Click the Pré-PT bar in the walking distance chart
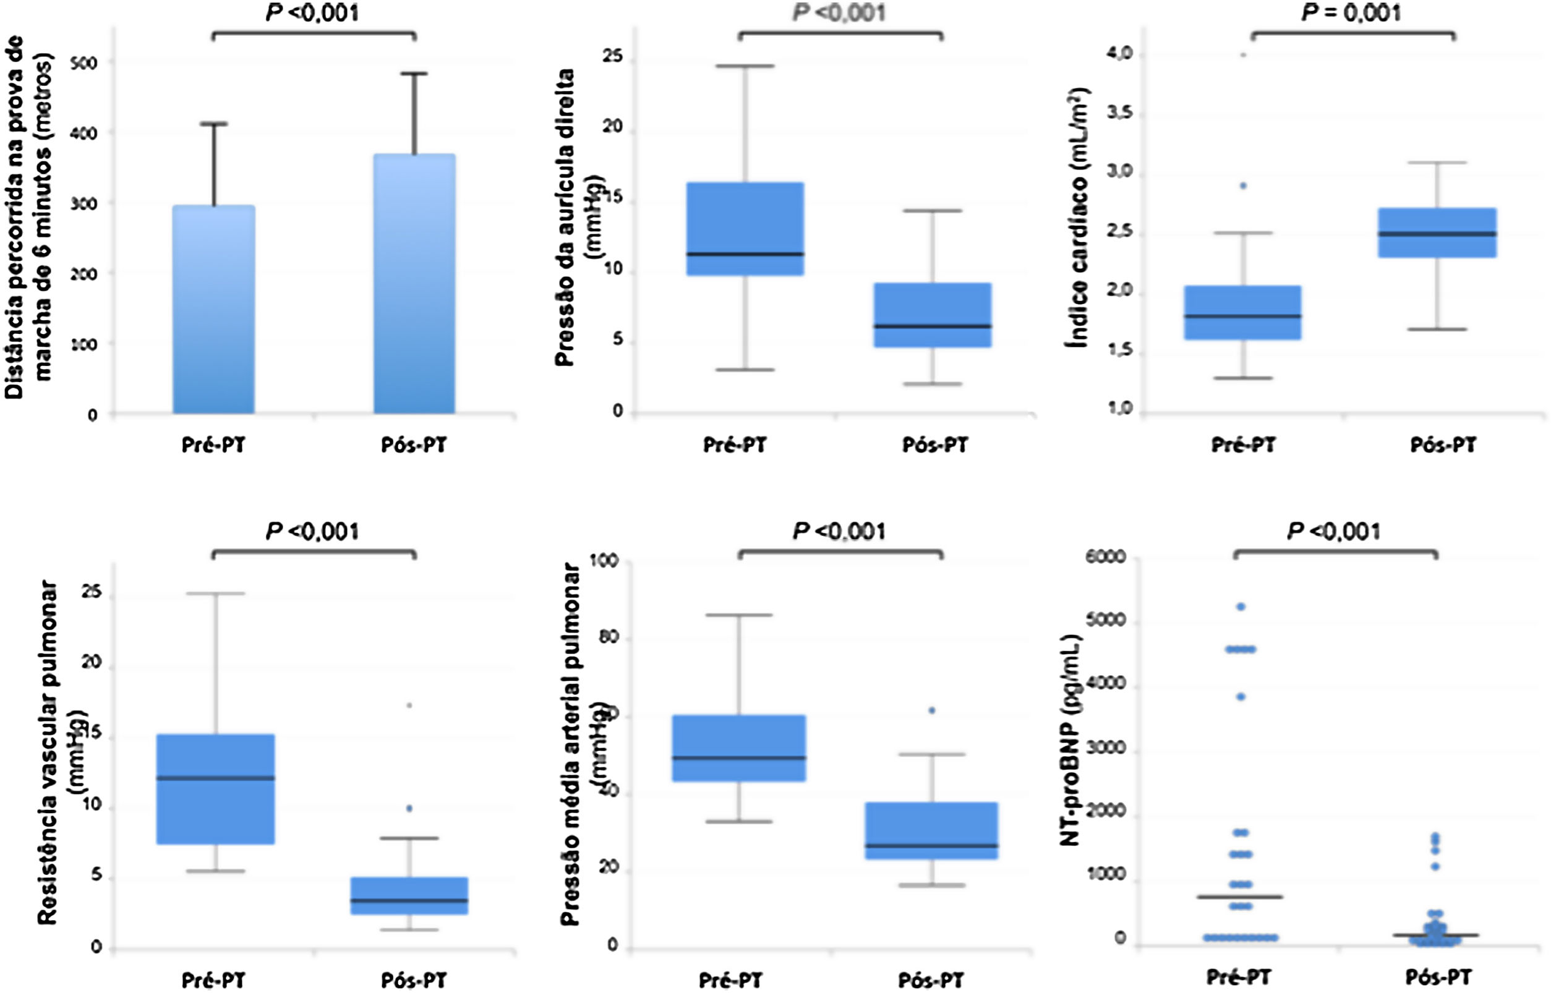tap(213, 310)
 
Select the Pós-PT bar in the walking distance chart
tap(415, 284)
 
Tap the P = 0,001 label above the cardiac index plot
tap(1351, 13)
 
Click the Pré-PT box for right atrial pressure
tap(745, 229)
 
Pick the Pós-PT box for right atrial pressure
tap(932, 315)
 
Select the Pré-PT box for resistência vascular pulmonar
tap(215, 788)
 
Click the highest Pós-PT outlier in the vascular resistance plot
tap(409, 705)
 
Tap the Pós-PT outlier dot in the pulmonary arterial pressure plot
tap(932, 710)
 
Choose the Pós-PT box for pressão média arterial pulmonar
tap(932, 830)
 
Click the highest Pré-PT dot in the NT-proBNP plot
tap(1240, 607)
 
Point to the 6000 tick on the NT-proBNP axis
tap(1105, 556)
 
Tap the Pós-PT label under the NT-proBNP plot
tap(1438, 977)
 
